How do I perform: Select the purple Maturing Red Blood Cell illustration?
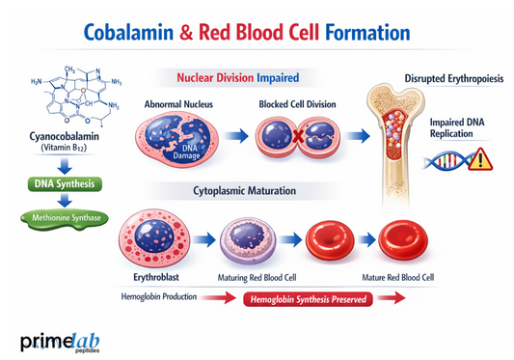(248, 238)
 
